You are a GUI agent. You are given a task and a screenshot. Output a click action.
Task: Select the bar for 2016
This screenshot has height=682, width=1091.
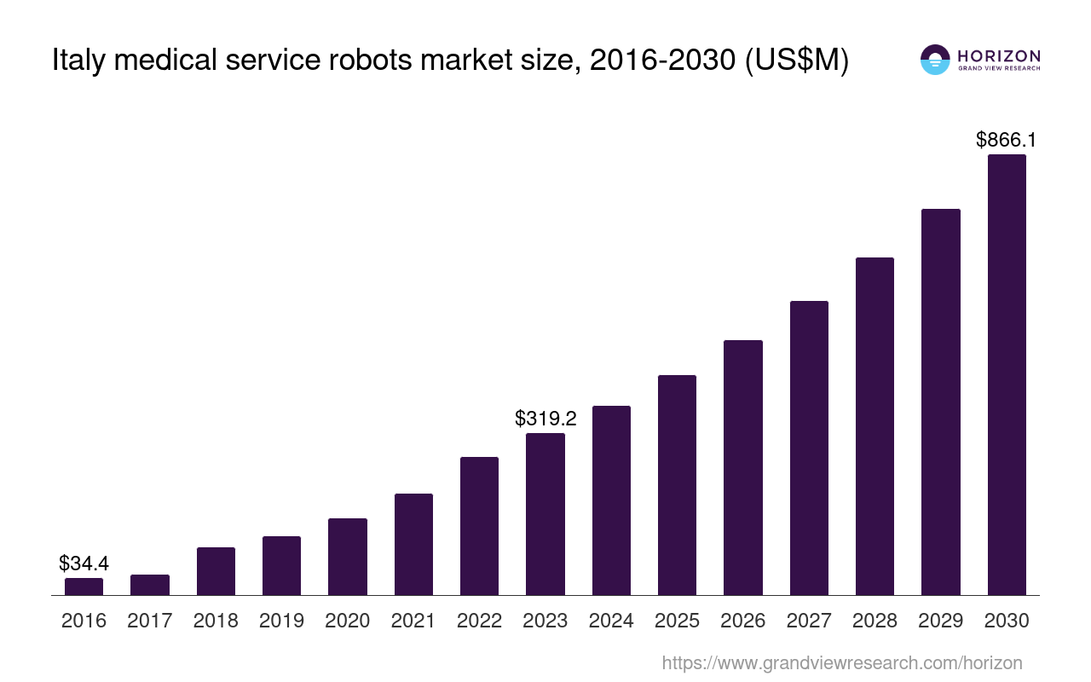click(84, 587)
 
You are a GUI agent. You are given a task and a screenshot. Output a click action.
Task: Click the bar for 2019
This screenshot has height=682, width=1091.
click(281, 566)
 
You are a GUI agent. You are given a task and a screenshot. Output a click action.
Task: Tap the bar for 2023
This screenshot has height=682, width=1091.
click(545, 514)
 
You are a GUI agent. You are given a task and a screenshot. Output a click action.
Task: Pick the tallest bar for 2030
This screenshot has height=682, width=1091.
click(1007, 375)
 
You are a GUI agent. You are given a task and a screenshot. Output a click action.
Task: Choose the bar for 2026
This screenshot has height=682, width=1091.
click(743, 467)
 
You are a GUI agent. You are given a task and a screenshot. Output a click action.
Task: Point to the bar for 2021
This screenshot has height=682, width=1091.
click(413, 544)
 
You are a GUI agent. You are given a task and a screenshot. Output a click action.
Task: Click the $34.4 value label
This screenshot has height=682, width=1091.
click(84, 563)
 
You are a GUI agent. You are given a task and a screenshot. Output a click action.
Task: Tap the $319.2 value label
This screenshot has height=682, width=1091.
click(545, 419)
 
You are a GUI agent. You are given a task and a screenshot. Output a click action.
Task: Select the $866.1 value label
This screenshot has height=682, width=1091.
click(1006, 140)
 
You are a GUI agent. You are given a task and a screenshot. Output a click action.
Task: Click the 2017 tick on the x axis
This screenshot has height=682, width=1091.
click(150, 621)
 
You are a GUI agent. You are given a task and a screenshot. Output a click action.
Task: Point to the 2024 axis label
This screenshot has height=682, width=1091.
click(611, 621)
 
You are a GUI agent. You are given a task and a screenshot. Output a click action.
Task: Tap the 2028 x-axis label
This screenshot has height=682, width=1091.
click(875, 621)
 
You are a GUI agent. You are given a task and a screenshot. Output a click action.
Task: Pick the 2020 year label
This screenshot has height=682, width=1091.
click(348, 621)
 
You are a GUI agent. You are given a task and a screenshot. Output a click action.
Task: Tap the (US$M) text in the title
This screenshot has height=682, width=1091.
click(797, 61)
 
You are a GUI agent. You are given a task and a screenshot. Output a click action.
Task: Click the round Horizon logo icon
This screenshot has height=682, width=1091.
click(935, 60)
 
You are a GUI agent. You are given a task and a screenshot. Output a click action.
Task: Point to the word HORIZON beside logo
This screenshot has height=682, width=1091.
click(999, 55)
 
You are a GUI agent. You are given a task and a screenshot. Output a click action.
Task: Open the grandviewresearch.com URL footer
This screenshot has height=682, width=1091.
click(842, 662)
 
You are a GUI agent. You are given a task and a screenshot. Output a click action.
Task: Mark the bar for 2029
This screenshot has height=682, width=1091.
click(941, 402)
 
